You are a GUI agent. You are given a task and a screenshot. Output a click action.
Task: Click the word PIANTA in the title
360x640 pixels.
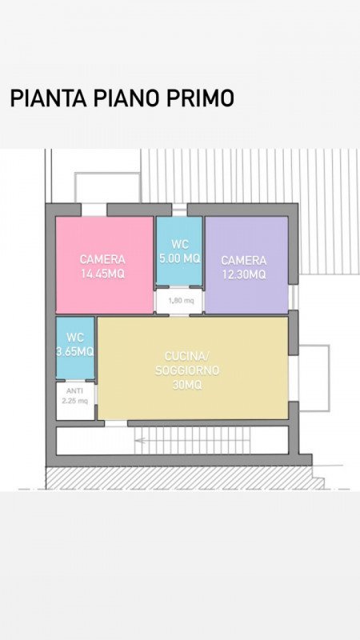(48, 98)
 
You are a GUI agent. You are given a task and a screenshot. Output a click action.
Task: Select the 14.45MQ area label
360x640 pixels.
(102, 274)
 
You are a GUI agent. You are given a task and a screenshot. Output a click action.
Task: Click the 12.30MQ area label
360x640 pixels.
(244, 274)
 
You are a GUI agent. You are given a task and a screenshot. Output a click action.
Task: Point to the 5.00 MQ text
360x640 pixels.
(180, 258)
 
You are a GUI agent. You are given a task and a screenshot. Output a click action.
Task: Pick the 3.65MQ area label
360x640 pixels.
(75, 351)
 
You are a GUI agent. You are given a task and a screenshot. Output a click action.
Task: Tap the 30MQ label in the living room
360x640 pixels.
(187, 385)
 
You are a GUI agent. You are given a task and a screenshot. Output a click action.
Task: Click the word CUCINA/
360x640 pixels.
(187, 356)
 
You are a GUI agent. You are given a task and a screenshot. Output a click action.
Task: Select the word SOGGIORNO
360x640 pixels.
(187, 370)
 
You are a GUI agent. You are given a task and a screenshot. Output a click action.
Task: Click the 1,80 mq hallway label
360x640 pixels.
(181, 301)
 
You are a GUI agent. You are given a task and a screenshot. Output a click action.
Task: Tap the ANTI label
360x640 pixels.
(74, 391)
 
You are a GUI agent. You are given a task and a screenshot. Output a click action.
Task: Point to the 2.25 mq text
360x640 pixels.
(74, 401)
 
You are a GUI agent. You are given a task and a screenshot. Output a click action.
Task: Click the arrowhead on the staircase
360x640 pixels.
(138, 441)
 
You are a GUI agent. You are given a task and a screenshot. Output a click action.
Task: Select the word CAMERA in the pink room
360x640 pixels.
(102, 259)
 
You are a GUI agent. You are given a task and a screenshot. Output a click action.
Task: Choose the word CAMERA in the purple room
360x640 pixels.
(244, 260)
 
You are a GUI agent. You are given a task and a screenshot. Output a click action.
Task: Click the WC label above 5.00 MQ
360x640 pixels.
(180, 244)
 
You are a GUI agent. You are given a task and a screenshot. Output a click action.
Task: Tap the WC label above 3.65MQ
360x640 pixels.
(75, 338)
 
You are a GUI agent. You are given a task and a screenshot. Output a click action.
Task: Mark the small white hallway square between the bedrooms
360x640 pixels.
(179, 302)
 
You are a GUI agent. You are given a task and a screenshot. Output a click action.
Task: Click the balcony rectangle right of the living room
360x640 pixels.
(314, 378)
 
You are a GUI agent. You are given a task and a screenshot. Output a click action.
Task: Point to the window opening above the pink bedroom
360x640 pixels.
(94, 210)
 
